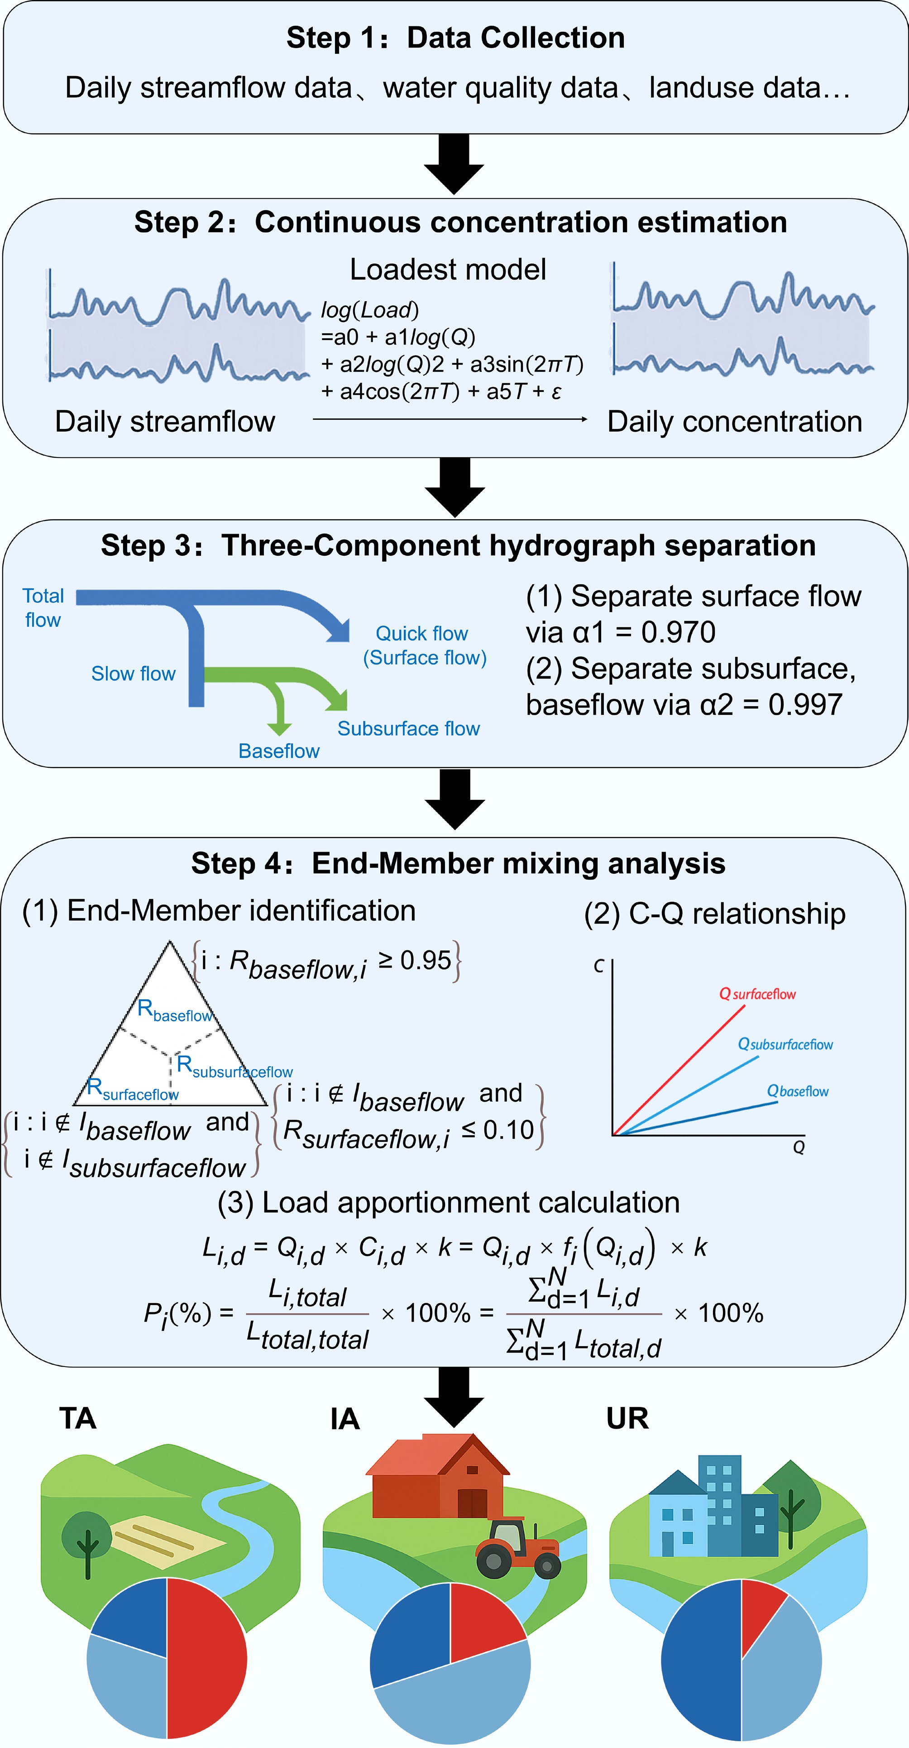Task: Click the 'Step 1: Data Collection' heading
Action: click(x=455, y=38)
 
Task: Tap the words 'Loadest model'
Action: click(x=448, y=270)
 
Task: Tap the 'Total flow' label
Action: click(x=43, y=607)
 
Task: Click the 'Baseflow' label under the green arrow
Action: click(x=279, y=751)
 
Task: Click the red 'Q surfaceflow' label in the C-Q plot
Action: click(x=757, y=994)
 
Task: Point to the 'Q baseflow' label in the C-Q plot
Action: click(x=797, y=1091)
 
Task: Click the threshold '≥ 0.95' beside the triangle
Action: click(x=415, y=960)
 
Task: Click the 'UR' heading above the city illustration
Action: click(x=627, y=1418)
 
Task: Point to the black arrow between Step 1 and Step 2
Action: click(x=454, y=165)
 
